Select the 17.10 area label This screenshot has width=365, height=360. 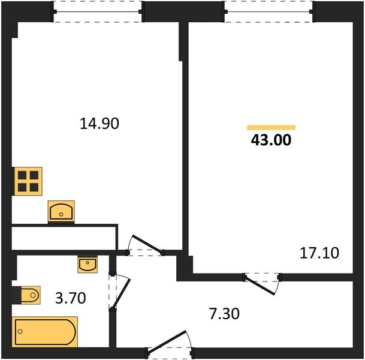coord(319,253)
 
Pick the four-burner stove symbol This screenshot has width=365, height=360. coord(28,181)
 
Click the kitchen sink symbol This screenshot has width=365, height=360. coord(61,211)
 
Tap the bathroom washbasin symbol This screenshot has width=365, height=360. coord(88,264)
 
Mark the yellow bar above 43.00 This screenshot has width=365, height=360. coord(272,127)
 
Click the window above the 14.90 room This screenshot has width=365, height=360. coord(98,11)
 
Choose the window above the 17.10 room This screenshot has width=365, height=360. coord(270,11)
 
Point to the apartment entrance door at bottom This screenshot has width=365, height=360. coord(170,346)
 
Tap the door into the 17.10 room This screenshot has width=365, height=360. coord(262,283)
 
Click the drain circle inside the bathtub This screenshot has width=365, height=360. coord(20,331)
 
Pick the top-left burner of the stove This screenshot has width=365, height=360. coord(23,176)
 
